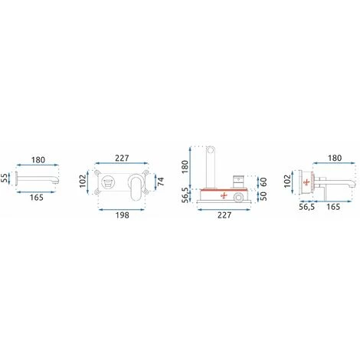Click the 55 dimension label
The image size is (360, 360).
tap(5, 178)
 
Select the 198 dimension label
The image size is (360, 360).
tap(122, 215)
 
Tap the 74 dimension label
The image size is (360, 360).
tap(161, 182)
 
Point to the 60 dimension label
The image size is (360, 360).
tap(263, 182)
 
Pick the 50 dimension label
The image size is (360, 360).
tap(263, 196)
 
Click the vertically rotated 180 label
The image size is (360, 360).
tap(185, 166)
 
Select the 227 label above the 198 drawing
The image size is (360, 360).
tap(122, 158)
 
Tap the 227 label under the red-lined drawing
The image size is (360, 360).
tap(224, 215)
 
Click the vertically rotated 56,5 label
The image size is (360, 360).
tap(186, 195)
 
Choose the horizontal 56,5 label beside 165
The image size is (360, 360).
tap(306, 207)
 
